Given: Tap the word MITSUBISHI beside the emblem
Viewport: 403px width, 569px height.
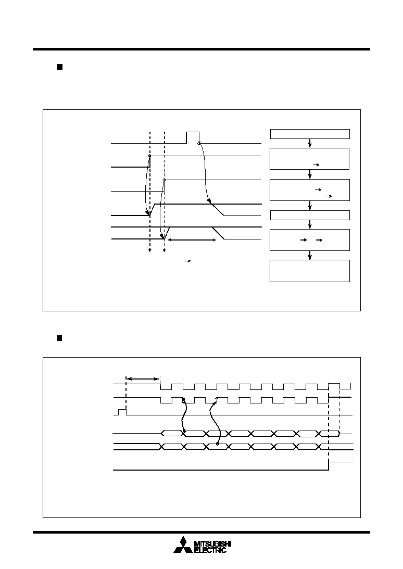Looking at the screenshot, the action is pos(213,543).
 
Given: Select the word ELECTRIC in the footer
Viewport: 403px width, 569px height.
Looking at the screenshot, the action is pos(210,550).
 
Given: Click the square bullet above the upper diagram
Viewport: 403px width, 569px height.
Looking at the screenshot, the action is pos(59,67).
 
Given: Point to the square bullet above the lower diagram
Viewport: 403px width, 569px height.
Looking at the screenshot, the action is pos(59,338).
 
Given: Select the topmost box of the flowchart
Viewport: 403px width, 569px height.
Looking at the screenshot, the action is pos(310,134).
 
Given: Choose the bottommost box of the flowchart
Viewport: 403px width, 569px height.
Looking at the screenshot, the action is pos(310,271).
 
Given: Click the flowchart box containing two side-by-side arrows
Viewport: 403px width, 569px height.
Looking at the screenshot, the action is pos(310,240).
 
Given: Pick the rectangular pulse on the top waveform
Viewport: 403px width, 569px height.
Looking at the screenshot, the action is pos(193,137).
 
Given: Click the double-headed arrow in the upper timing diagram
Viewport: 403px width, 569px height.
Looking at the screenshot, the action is pos(191,240).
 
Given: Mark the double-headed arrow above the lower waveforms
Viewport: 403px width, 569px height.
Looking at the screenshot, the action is pos(143,379).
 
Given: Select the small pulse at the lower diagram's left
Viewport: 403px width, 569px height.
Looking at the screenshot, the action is pos(122,412).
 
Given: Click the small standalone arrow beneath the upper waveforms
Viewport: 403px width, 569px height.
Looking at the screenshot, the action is pos(188,261).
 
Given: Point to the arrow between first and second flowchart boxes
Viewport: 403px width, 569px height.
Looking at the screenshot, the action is pos(310,143).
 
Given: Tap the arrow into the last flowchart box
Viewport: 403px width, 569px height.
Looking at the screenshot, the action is pos(310,256).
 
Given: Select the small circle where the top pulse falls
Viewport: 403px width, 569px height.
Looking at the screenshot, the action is pos(199,143).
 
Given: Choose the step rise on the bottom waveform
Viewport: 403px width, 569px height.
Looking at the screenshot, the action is pos(329,466).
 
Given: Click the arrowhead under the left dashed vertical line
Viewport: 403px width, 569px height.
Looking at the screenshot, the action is pos(149,250).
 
